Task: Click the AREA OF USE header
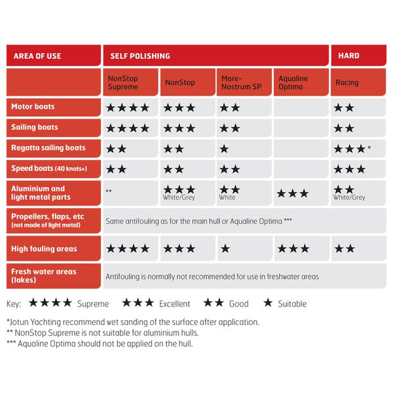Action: tap(37, 56)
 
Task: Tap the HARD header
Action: tap(348, 56)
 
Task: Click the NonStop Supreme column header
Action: tap(122, 83)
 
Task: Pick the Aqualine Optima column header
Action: tap(293, 83)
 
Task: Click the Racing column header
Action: tap(346, 83)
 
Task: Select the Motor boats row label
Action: tap(33, 107)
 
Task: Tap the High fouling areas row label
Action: tap(44, 249)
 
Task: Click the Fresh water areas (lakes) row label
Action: tap(44, 276)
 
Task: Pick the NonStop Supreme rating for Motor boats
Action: tap(128, 107)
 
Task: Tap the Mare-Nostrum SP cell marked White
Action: tap(229, 193)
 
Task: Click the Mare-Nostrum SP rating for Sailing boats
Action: tap(229, 128)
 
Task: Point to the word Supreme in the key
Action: tap(93, 304)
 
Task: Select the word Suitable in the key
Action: tap(291, 304)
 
